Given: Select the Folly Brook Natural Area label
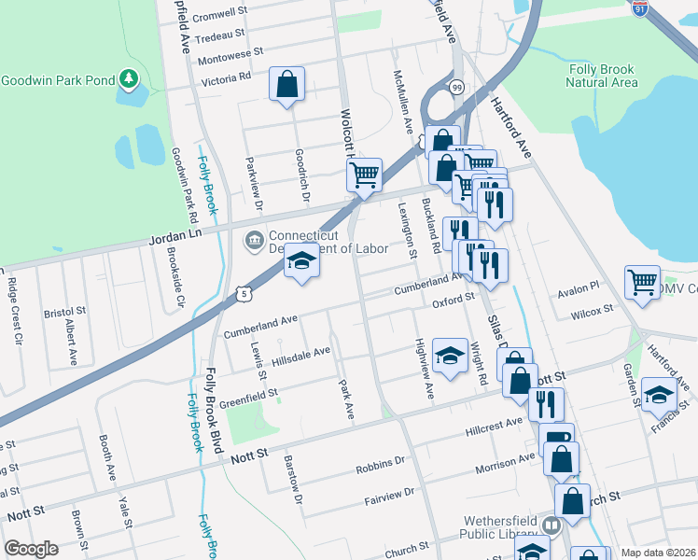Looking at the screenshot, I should click(603, 76).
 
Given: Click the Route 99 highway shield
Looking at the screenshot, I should click(456, 87).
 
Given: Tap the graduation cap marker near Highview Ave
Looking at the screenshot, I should click(450, 356).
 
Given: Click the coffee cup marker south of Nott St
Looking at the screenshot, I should click(556, 439).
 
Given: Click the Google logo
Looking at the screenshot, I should click(31, 549).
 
